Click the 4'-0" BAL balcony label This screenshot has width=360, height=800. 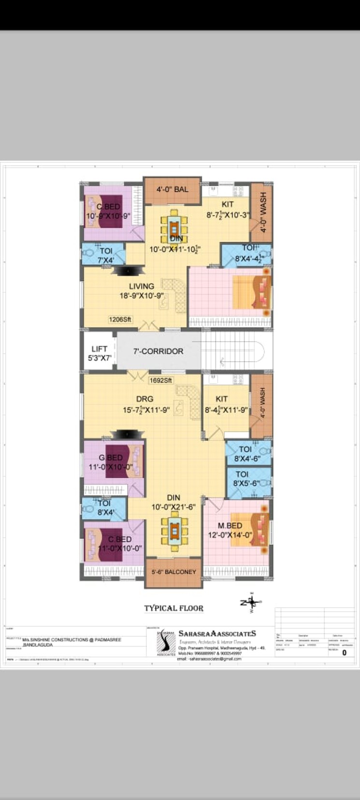tap(172, 189)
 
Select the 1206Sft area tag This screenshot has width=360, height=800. tap(120, 320)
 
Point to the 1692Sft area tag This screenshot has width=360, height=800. tap(160, 380)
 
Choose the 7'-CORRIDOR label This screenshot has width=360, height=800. tap(158, 351)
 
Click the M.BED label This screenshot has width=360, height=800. tap(230, 526)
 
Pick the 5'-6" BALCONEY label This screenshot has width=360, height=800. tap(173, 572)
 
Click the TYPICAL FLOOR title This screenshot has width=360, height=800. tap(173, 608)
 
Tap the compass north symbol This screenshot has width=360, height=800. tap(251, 602)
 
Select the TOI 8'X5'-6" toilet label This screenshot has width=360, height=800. tap(246, 479)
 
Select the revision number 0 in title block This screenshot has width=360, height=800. tap(344, 653)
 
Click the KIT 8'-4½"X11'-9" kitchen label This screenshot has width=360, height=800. tap(225, 405)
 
